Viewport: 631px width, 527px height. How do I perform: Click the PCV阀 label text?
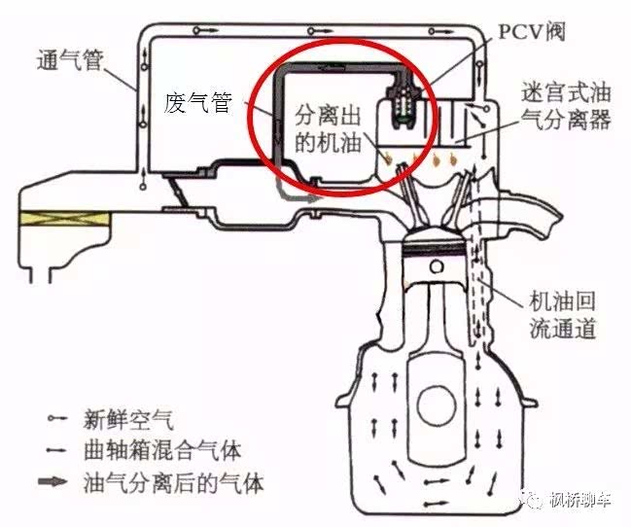(x=532, y=31)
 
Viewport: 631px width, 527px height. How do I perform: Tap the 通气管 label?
(x=70, y=61)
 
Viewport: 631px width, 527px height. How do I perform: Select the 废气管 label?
(x=198, y=103)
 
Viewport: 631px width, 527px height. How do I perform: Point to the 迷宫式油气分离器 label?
(x=566, y=106)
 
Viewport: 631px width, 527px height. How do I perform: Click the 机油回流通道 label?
(x=562, y=315)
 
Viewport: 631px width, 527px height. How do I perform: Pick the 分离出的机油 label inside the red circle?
(x=328, y=129)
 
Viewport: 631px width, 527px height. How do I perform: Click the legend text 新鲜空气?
(x=128, y=419)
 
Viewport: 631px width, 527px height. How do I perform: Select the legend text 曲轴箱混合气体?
(x=162, y=450)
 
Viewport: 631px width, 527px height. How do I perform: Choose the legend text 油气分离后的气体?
(x=174, y=482)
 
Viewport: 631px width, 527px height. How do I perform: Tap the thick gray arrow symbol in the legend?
(x=53, y=480)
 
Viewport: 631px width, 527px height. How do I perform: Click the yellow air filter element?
(x=64, y=218)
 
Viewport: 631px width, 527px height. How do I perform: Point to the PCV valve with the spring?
(x=401, y=105)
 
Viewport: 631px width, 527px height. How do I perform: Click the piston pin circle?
(x=437, y=266)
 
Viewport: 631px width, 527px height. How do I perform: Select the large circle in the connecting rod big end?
(x=437, y=405)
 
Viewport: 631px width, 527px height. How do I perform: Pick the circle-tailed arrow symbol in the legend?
(x=57, y=418)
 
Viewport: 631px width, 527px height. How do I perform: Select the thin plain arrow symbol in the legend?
(x=56, y=450)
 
